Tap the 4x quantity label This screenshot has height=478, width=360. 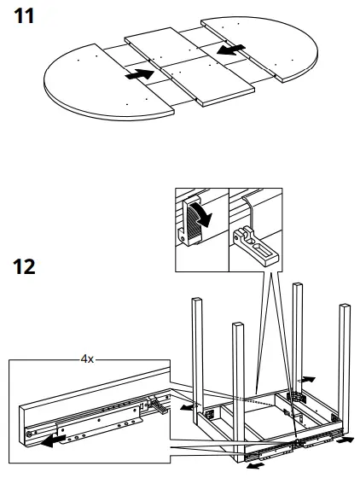(87, 360)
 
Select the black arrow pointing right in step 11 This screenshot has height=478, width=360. (138, 75)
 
